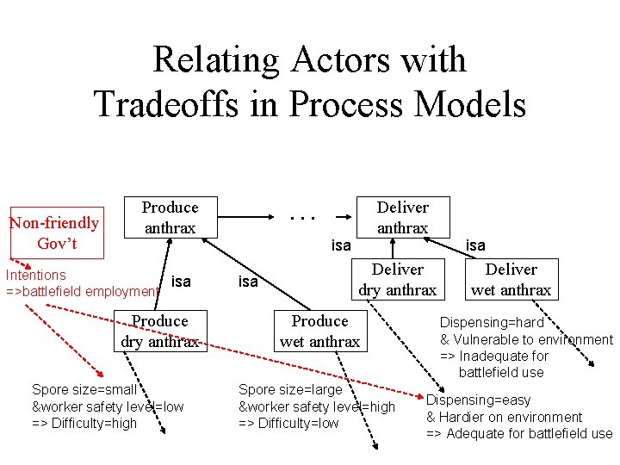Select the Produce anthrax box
click(170, 217)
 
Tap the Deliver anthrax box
click(402, 217)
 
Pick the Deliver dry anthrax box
click(397, 280)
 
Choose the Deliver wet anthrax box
click(511, 280)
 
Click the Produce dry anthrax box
click(159, 331)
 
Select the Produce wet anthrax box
click(319, 331)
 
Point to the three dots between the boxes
click(302, 216)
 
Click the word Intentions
click(36, 275)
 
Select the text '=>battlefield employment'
click(83, 291)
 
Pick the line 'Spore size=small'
click(84, 390)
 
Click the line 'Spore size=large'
click(290, 390)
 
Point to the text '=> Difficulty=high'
click(84, 423)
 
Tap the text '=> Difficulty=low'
click(288, 423)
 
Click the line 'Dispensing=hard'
click(492, 323)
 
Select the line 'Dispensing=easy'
click(478, 400)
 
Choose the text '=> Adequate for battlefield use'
click(519, 434)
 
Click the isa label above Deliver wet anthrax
click(475, 245)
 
